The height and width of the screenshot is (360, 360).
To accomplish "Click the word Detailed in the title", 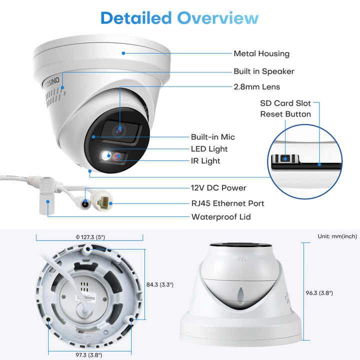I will pos(136,18).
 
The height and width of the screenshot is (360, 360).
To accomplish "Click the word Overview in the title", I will pos(218,18).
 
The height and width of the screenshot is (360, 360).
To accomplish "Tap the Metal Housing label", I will pos(261,53).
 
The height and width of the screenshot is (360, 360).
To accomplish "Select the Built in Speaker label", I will pos(264,71).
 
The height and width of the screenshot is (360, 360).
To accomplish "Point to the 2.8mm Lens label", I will pos(257,86).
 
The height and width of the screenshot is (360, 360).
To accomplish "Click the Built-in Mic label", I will pos(213,136).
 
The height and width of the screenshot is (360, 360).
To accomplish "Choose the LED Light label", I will pos(209,148).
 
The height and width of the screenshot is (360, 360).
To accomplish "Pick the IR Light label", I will pos(205,161).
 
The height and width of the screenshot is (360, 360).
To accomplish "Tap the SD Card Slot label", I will pos(285,103).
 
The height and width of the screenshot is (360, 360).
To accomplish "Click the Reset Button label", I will pos(285,114).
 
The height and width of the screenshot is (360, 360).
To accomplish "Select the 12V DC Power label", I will pos(219,188).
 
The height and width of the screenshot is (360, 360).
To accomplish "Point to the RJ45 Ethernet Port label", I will pos(228,203).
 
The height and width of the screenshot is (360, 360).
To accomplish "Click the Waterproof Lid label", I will pos(221,217).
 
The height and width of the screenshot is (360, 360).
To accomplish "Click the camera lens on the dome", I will pos(119,129).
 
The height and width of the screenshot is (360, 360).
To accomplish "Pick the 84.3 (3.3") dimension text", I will pos(159,284).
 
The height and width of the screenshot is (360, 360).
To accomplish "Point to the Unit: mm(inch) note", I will pos(337,236).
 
